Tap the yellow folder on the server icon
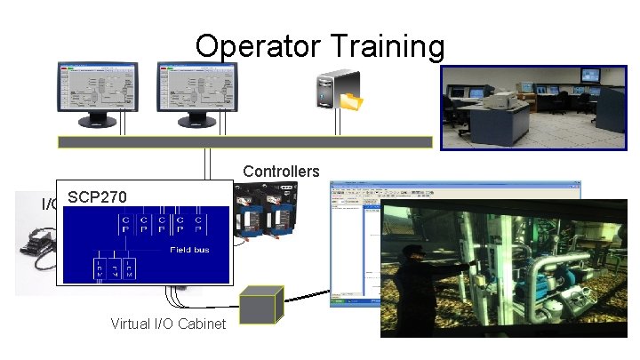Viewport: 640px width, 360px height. pos(353,100)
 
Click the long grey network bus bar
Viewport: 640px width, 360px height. pos(244,141)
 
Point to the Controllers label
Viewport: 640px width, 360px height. pos(281,171)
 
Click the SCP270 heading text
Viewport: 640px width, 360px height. pos(97,196)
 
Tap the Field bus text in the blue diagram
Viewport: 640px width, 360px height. pos(190,251)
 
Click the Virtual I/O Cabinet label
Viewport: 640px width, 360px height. pos(168,324)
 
